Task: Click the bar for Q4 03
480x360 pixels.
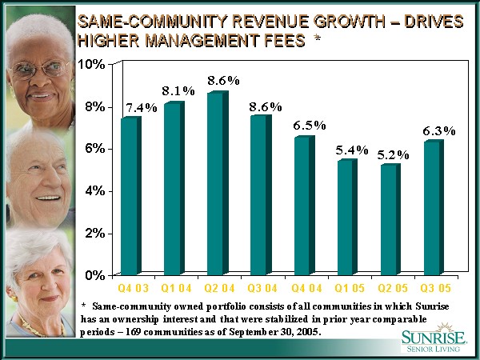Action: [x=129, y=196]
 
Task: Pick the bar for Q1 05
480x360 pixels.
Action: [x=346, y=218]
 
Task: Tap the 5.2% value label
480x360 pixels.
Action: [x=393, y=153]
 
